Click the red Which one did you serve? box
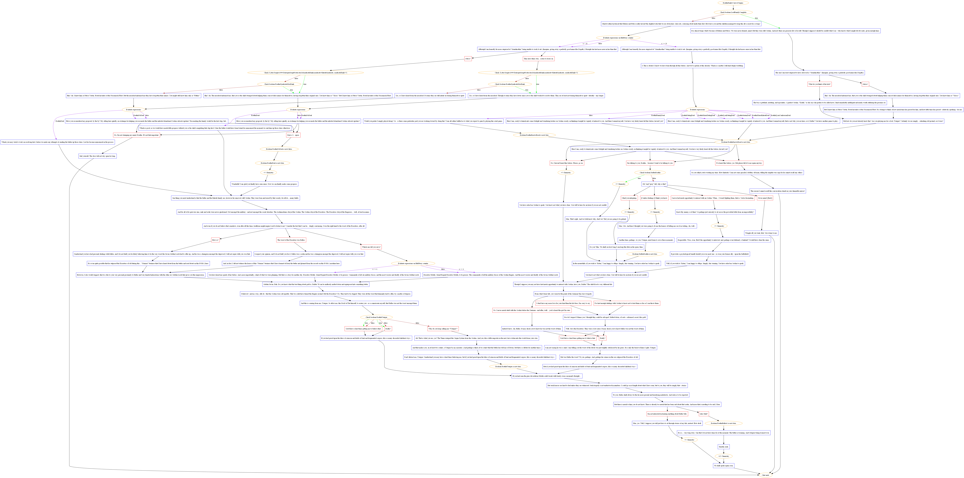(x=371, y=247)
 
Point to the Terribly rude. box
(x=723, y=447)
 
